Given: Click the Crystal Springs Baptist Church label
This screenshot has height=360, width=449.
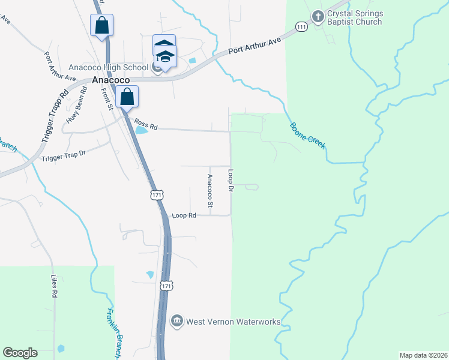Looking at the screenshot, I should pyautogui.click(x=354, y=18).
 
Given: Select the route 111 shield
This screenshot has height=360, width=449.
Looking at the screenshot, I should pyautogui.click(x=301, y=27).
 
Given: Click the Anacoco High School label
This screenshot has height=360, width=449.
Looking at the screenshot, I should pyautogui.click(x=108, y=67).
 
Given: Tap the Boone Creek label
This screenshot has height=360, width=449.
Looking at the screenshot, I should pyautogui.click(x=308, y=136).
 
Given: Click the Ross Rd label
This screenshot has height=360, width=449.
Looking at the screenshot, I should pyautogui.click(x=145, y=124).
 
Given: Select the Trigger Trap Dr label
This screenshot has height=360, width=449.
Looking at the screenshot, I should pyautogui.click(x=64, y=156).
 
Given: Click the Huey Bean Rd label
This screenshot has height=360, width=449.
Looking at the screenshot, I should pyautogui.click(x=76, y=105).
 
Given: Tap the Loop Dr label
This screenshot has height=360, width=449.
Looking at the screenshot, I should pyautogui.click(x=231, y=181).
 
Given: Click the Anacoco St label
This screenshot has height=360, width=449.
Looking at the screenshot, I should pyautogui.click(x=210, y=191).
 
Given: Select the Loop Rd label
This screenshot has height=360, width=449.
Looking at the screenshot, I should pyautogui.click(x=184, y=215).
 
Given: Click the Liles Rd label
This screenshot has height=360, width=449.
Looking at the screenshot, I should pyautogui.click(x=53, y=286).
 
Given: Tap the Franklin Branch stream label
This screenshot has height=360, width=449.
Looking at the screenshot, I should pyautogui.click(x=114, y=333).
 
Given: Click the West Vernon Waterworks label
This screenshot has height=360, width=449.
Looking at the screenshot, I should pyautogui.click(x=234, y=322).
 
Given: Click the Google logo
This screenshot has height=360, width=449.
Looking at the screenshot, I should pyautogui.click(x=20, y=353).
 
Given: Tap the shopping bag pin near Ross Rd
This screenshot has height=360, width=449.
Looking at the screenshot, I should pyautogui.click(x=127, y=96).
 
